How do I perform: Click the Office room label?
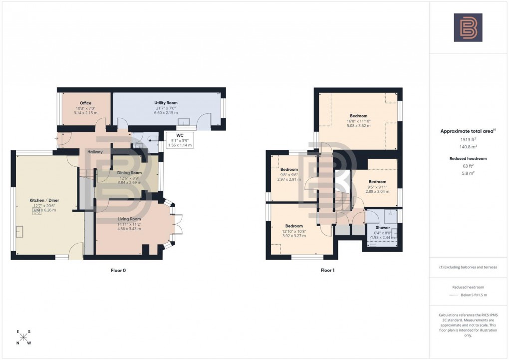[x=86, y=103]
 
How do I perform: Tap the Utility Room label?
[x=166, y=103]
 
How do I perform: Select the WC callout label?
[x=179, y=135]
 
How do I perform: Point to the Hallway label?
[x=95, y=152]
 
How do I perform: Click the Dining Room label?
[x=129, y=173]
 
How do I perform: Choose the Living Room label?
[x=129, y=219]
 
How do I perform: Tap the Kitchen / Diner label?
[x=44, y=200]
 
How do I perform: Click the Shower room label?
[x=382, y=228]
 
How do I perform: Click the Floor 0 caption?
[x=118, y=270]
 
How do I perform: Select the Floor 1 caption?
[x=327, y=270]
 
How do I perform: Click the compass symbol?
[x=23, y=338]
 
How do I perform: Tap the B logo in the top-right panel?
[x=468, y=27]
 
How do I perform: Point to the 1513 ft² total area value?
[x=468, y=140]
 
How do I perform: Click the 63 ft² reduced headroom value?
[x=468, y=166]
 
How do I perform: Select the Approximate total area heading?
[x=467, y=131]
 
